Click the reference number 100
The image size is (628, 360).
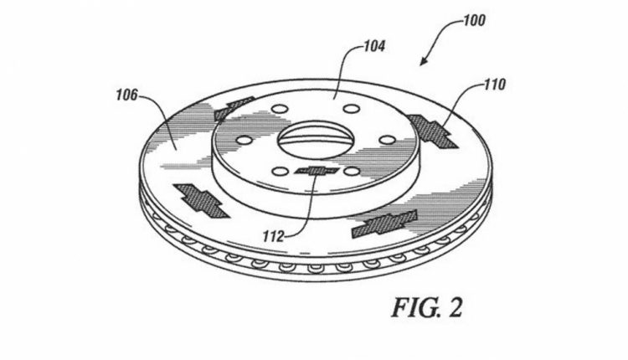point(474,20)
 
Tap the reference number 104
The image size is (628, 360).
point(374,46)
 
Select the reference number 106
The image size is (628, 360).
point(126,95)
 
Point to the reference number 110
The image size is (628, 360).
point(495,85)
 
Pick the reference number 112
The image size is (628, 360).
point(273,236)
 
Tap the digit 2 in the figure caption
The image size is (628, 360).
point(455,307)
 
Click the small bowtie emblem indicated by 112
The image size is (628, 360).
point(317,171)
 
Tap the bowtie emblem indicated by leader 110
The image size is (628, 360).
point(432,131)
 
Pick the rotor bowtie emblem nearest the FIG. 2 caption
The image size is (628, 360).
point(384,224)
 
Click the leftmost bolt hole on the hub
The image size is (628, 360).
point(245,141)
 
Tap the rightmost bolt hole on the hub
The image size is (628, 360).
point(387,140)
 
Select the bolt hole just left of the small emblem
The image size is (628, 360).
point(280,172)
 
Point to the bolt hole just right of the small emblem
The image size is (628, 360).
point(352,172)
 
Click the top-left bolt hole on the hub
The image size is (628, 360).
point(279,109)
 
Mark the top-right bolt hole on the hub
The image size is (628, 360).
point(352,108)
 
